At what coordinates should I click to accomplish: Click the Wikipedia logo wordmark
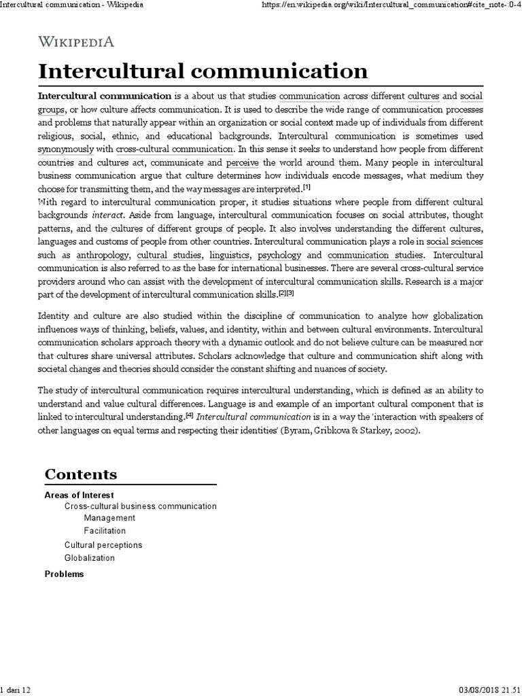(76, 42)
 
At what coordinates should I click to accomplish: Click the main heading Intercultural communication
(203, 71)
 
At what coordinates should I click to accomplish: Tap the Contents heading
(81, 474)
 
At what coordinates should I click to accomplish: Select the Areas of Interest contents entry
(79, 495)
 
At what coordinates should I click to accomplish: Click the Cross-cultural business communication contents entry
(141, 506)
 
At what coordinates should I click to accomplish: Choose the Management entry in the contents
(109, 519)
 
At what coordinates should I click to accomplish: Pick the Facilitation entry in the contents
(105, 531)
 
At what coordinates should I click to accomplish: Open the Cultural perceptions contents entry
(103, 545)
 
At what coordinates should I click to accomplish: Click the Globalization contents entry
(90, 558)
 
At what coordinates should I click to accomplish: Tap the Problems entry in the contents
(64, 574)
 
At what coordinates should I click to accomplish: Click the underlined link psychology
(279, 255)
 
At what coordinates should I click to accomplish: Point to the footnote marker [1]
(307, 187)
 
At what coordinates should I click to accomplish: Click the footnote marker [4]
(190, 415)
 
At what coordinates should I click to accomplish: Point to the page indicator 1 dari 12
(16, 691)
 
